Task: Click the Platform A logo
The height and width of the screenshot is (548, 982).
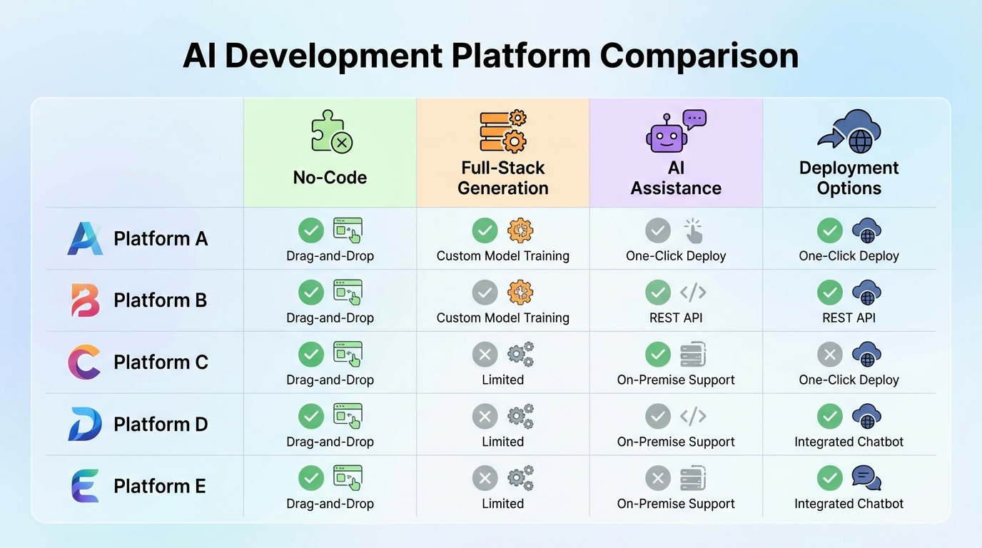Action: pyautogui.click(x=85, y=238)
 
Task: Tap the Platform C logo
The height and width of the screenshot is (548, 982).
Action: pyautogui.click(x=84, y=362)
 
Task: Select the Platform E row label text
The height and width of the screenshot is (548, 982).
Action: pyautogui.click(x=160, y=486)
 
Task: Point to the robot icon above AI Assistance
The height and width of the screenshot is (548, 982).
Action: pyautogui.click(x=666, y=134)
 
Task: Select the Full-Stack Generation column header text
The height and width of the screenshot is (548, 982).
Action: pyautogui.click(x=502, y=178)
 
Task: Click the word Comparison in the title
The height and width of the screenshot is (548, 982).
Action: pyautogui.click(x=699, y=56)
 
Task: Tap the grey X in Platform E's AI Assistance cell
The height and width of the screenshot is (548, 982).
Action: pyautogui.click(x=658, y=478)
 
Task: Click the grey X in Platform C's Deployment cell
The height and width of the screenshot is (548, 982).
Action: pyautogui.click(x=830, y=354)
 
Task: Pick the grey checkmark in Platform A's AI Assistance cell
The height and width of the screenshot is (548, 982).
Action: pyautogui.click(x=658, y=230)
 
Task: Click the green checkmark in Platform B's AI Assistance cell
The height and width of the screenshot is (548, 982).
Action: pyautogui.click(x=658, y=293)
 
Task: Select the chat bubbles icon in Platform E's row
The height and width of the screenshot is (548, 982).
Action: pyautogui.click(x=866, y=478)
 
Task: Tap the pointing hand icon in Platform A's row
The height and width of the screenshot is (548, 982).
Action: pyautogui.click(x=693, y=230)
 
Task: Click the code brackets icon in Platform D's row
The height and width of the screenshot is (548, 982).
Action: pyautogui.click(x=693, y=416)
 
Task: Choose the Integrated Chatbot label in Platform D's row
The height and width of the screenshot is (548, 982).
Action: pyautogui.click(x=849, y=442)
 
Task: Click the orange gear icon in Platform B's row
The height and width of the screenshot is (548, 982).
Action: pyautogui.click(x=520, y=293)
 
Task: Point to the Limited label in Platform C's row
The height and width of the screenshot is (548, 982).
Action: pyautogui.click(x=502, y=380)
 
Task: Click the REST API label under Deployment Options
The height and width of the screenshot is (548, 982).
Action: pyautogui.click(x=849, y=318)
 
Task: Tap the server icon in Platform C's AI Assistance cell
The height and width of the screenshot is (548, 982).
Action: pyautogui.click(x=693, y=354)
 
